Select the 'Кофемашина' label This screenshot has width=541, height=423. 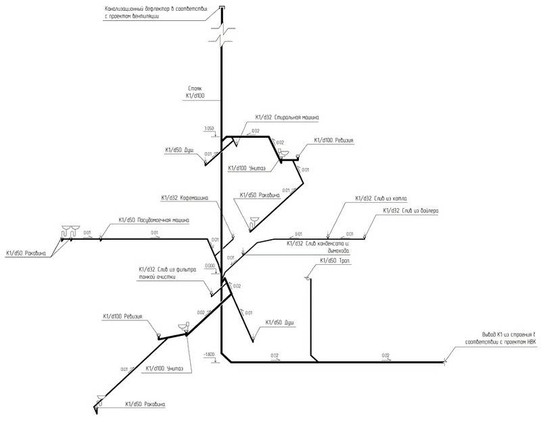point(185,198)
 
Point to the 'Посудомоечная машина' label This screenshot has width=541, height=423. point(154,220)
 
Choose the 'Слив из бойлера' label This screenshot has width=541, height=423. point(411,211)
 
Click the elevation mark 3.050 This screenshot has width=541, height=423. point(208,128)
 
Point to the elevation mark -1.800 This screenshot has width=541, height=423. point(208,354)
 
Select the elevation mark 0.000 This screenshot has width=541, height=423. point(209,266)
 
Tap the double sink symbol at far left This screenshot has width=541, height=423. point(69,230)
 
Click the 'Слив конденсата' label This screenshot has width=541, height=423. point(317,244)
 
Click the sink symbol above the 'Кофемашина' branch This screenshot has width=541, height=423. point(254,219)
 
